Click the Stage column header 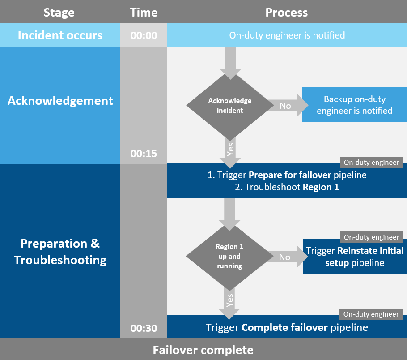pyautogui.click(x=59, y=12)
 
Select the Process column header pyautogui.click(x=286, y=12)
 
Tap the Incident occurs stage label pyautogui.click(x=60, y=35)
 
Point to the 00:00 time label pyautogui.click(x=144, y=35)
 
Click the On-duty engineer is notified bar pyautogui.click(x=287, y=35)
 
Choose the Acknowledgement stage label pyautogui.click(x=60, y=100)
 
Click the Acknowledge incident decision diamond pyautogui.click(x=230, y=106)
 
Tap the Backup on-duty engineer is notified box pyautogui.click(x=354, y=105)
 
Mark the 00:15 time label pyautogui.click(x=144, y=154)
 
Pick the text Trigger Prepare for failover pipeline pyautogui.click(x=287, y=175)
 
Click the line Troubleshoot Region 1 pyautogui.click(x=287, y=187)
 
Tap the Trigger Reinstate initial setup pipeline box pyautogui.click(x=354, y=257)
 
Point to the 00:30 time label pyautogui.click(x=144, y=328)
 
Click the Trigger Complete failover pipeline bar pyautogui.click(x=287, y=327)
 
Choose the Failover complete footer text pyautogui.click(x=203, y=350)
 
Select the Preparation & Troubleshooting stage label pyautogui.click(x=60, y=252)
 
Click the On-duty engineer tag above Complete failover pyautogui.click(x=371, y=314)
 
